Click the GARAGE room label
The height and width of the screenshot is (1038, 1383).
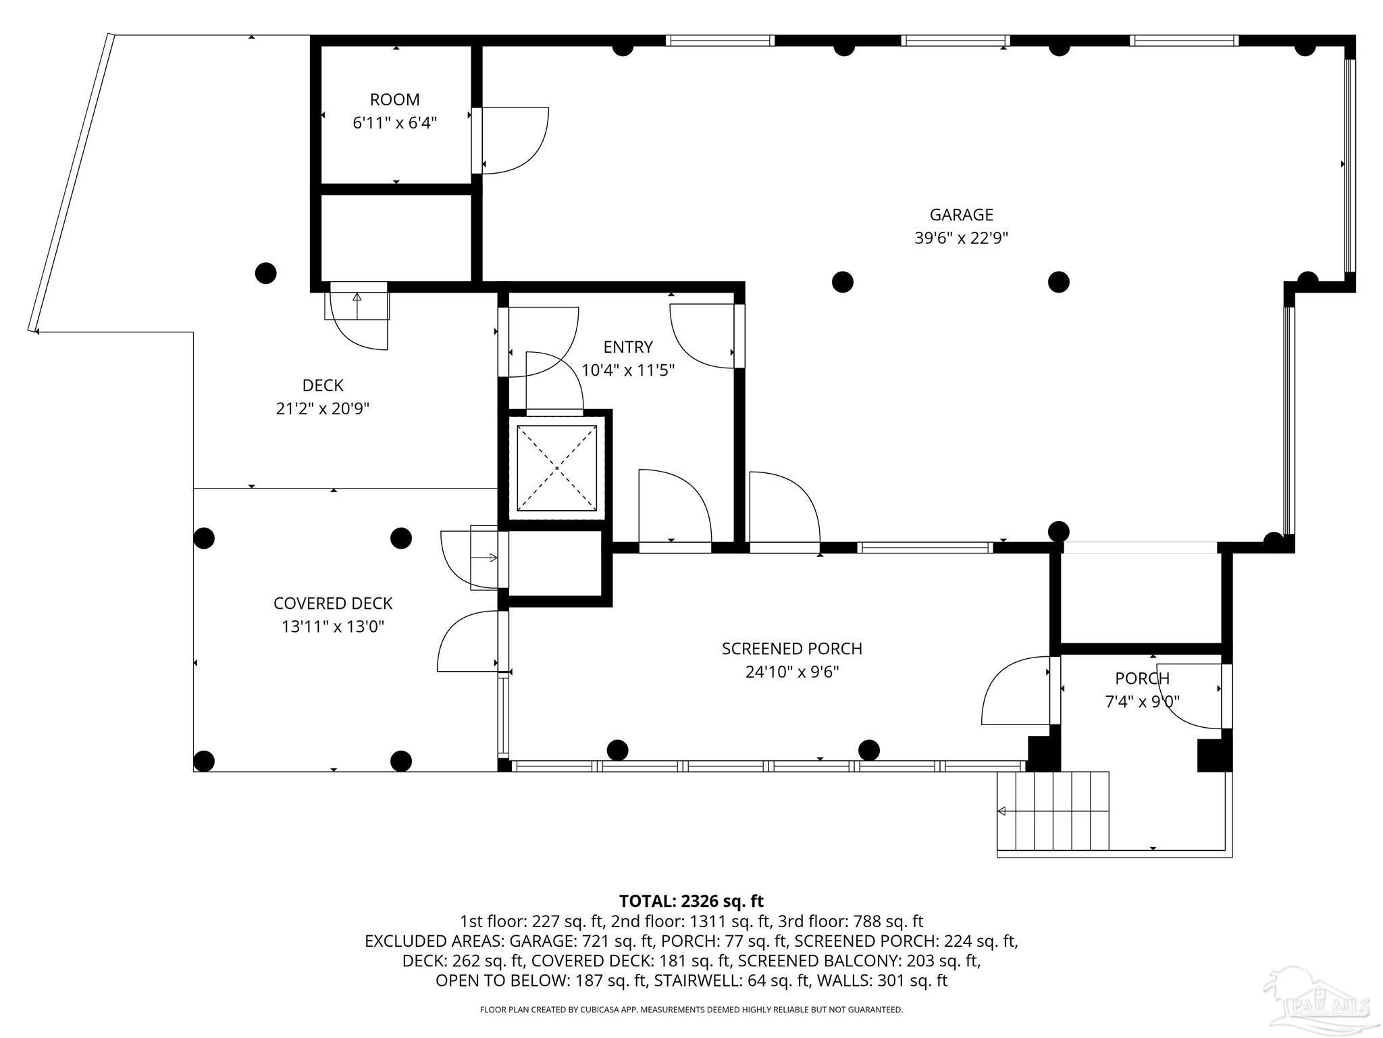click(961, 215)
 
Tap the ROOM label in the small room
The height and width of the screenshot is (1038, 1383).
click(394, 100)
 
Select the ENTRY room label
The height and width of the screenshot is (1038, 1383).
click(628, 347)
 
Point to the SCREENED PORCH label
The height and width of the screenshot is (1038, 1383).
click(792, 649)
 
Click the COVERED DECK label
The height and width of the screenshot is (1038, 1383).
click(333, 603)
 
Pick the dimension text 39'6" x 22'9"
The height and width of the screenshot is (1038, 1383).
click(961, 239)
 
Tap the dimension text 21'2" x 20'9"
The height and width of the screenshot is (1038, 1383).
click(323, 409)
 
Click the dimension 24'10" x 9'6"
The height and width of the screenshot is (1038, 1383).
click(792, 672)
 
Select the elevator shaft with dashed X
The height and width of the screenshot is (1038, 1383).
click(557, 468)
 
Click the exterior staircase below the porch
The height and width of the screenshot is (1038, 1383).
click(1053, 811)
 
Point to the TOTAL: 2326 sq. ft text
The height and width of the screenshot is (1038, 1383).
click(691, 901)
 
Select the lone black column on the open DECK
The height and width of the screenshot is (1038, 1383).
click(265, 273)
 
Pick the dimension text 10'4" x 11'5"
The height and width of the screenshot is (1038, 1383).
click(628, 370)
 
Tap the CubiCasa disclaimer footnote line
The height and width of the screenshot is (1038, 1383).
click(691, 1010)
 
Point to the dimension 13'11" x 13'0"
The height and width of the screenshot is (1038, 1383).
click(333, 627)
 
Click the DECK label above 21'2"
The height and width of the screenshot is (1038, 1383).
click(323, 386)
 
